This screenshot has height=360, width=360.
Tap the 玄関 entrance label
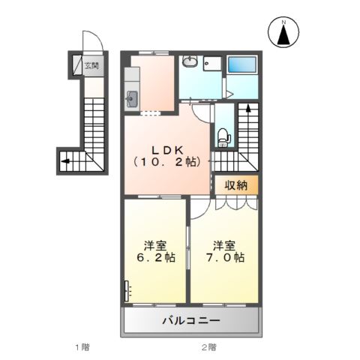(x=89, y=65)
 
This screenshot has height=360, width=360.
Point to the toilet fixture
(x=223, y=135)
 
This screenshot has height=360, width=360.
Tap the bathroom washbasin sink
(x=190, y=64)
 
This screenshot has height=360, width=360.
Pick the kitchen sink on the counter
(x=133, y=97)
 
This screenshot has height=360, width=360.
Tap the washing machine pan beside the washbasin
(x=212, y=64)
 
